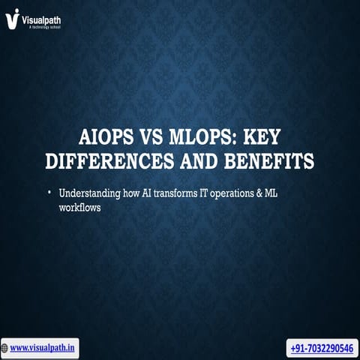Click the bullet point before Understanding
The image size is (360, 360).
49,193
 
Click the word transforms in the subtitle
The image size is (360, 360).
169,194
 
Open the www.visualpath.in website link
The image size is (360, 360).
43,348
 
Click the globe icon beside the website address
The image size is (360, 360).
5,348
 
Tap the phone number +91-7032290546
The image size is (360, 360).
322,349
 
